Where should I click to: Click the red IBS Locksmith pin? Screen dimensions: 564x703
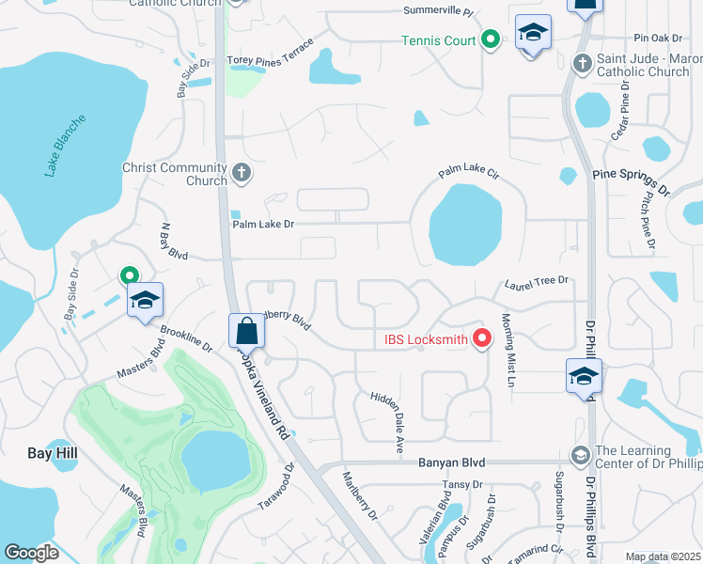pyautogui.click(x=483, y=338)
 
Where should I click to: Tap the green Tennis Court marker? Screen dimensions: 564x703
pyautogui.click(x=490, y=39)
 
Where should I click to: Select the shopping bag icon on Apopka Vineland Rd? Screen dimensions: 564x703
pyautogui.click(x=246, y=331)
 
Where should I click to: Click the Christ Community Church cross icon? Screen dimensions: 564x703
pyautogui.click(x=242, y=172)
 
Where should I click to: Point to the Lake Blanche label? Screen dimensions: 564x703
pyautogui.click(x=65, y=147)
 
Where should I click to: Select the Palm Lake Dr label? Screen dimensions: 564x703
pyautogui.click(x=264, y=224)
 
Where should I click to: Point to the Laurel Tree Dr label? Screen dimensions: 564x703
pyautogui.click(x=538, y=280)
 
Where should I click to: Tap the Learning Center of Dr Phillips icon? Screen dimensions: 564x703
pyautogui.click(x=581, y=455)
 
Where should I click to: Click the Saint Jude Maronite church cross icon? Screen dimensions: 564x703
pyautogui.click(x=583, y=64)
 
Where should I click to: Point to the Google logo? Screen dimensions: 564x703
pyautogui.click(x=31, y=553)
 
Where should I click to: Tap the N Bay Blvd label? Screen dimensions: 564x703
pyautogui.click(x=174, y=242)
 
